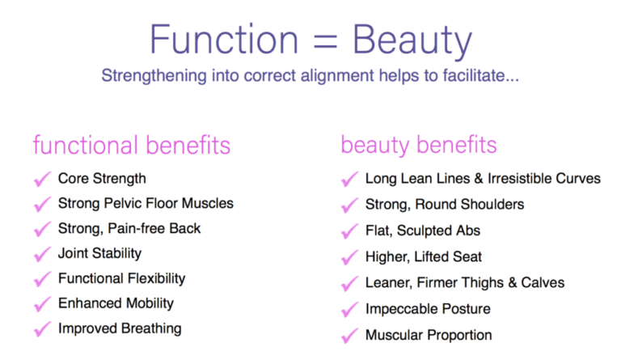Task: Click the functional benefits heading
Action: [x=132, y=146]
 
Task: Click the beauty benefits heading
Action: [x=419, y=146]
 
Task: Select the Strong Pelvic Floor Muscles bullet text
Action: [x=146, y=203]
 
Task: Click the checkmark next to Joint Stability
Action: [x=42, y=254]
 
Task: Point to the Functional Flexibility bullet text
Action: [x=121, y=278]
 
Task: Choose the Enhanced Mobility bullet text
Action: [x=116, y=303]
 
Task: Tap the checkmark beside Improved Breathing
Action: [x=42, y=329]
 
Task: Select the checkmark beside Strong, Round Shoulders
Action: [x=349, y=205]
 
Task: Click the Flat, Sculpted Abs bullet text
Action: [x=422, y=231]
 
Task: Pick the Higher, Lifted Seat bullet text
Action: [x=424, y=256]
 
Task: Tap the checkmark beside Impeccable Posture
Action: [x=349, y=310]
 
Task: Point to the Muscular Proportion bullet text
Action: [x=429, y=334]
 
